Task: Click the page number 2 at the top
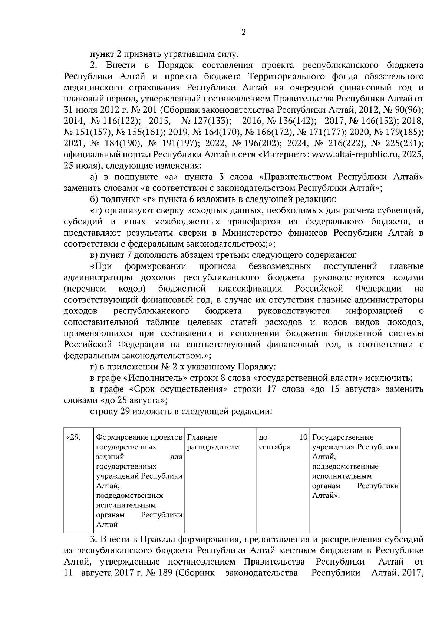pos(243,33)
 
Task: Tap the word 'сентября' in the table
pos(274,447)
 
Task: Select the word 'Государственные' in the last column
pos(343,437)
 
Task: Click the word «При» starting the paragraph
pos(101,266)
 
